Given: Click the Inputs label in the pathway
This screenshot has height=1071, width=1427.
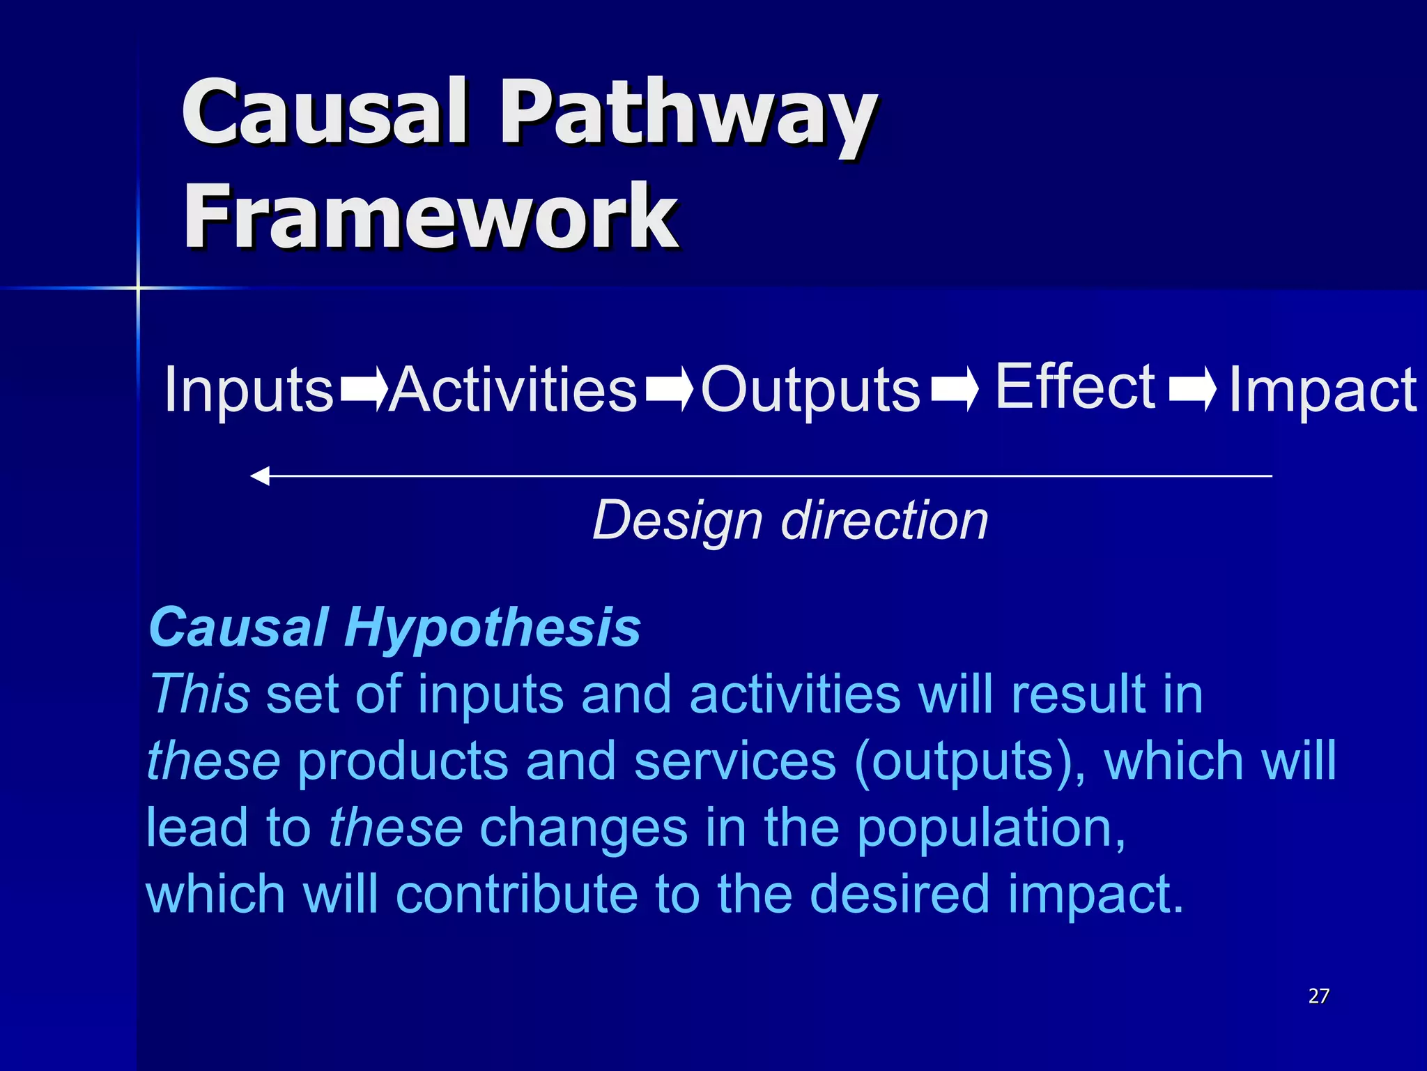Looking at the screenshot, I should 249,390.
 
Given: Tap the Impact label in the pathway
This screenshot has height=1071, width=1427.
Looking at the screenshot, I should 1322,390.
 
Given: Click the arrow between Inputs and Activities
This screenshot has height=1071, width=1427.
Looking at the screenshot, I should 363,388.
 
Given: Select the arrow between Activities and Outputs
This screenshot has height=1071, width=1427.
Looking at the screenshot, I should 669,388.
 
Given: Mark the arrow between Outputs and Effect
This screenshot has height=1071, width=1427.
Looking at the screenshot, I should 955,388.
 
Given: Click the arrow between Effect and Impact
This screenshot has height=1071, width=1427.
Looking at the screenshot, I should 1192,388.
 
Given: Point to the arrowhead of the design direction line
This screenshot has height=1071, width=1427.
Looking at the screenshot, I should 260,476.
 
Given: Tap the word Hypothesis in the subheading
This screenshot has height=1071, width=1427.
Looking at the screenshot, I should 492,627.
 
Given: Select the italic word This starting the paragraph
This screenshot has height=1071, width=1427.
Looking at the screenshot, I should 200,694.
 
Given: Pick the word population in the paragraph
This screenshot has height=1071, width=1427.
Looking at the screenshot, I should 990,828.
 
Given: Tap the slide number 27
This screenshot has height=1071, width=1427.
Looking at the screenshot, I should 1318,996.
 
